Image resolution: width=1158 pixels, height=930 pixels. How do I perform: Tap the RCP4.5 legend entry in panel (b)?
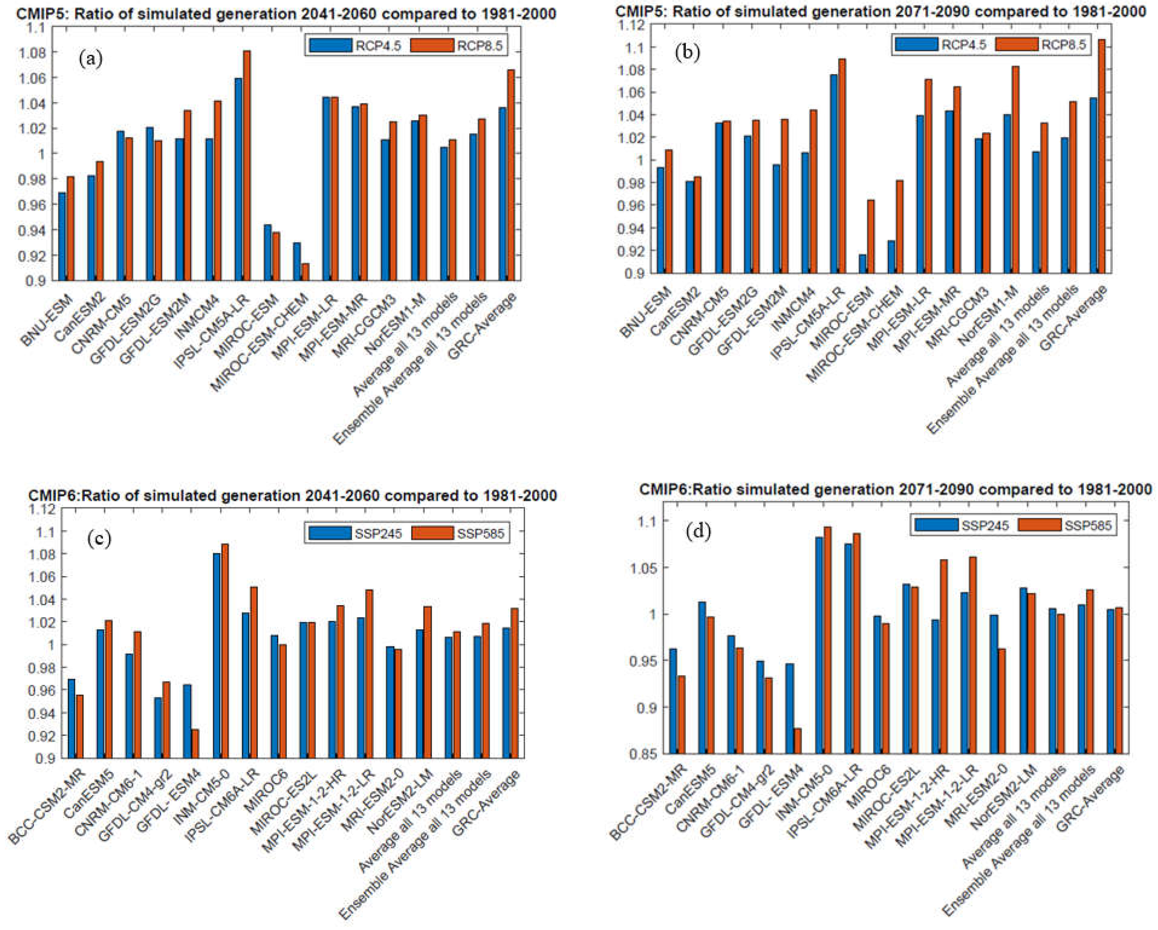tap(964, 45)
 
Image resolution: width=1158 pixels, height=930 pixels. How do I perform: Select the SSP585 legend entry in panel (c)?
tap(481, 533)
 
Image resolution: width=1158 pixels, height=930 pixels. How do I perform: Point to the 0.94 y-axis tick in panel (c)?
tap(39, 713)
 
